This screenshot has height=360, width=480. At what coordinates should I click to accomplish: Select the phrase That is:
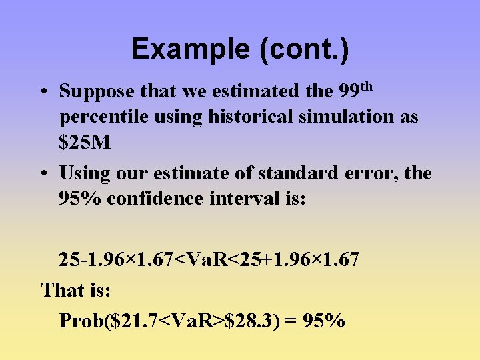point(76,291)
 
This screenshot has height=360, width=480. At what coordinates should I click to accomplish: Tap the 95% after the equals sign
point(324,321)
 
